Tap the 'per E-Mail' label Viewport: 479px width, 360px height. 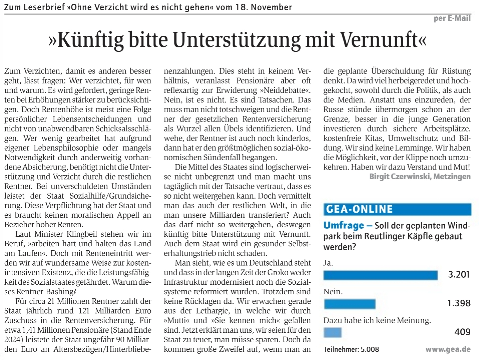[x=452, y=18]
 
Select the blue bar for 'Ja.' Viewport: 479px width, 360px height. [x=380, y=275]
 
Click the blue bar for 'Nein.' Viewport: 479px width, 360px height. [x=350, y=304]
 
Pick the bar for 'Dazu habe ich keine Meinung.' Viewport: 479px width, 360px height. [x=333, y=332]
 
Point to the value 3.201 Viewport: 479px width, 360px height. [x=459, y=275]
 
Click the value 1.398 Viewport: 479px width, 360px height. [x=459, y=303]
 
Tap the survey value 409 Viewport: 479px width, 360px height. [x=462, y=332]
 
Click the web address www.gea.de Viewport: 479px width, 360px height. [x=448, y=349]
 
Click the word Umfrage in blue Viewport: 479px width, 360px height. [x=344, y=226]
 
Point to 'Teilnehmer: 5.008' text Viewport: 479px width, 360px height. [x=351, y=349]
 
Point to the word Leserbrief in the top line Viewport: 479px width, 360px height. [x=44, y=7]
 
